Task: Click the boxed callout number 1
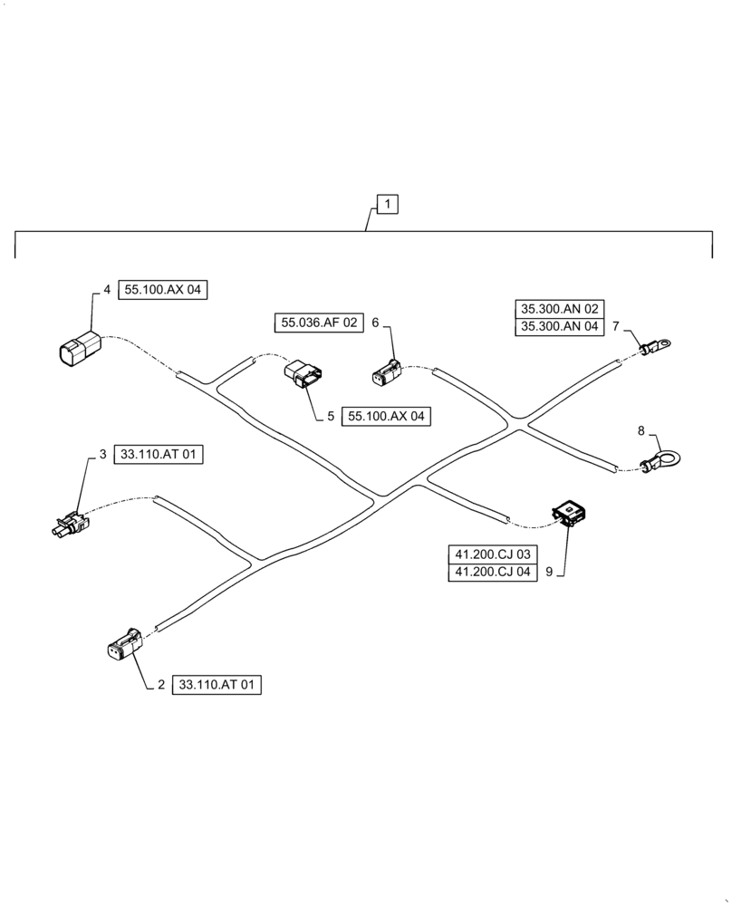(388, 205)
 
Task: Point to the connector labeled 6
(386, 372)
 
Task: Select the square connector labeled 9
(568, 515)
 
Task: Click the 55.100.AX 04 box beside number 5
(387, 417)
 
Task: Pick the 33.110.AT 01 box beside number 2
(216, 686)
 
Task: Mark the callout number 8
(642, 431)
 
